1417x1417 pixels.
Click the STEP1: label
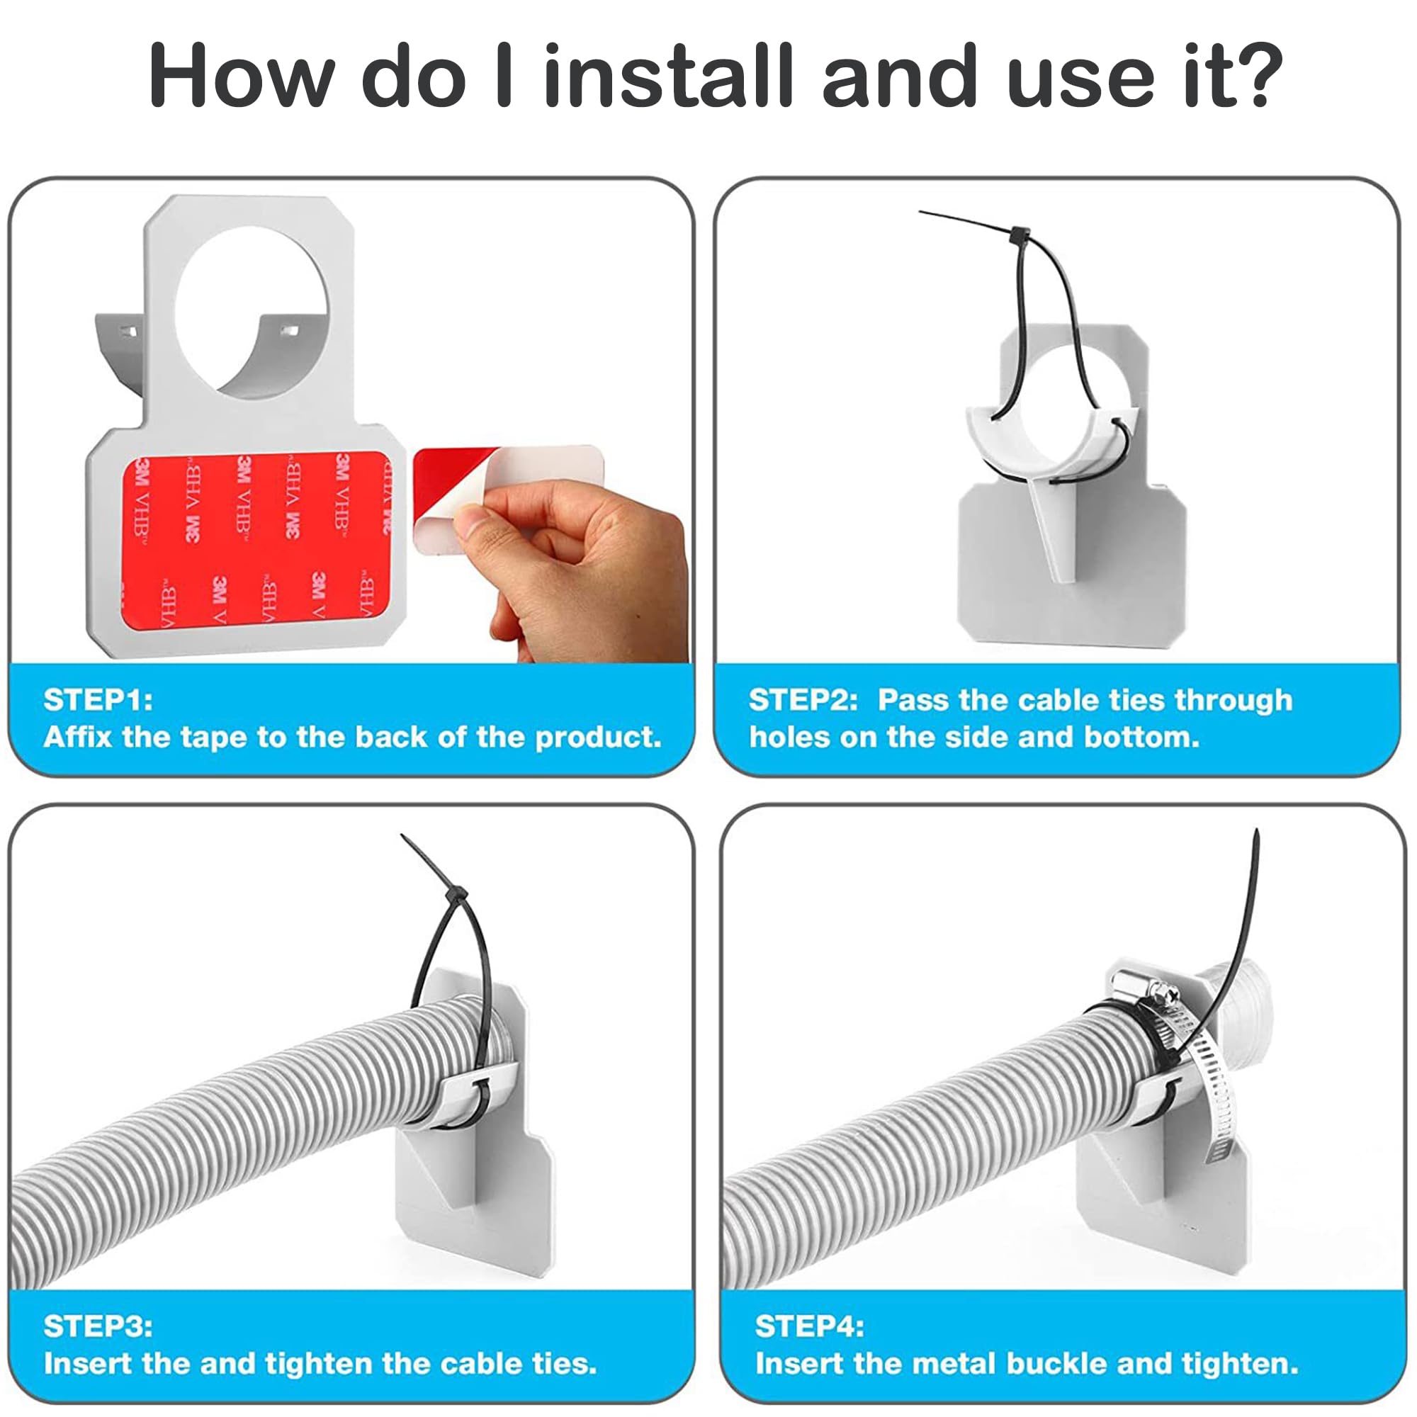98,699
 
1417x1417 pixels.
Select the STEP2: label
803,699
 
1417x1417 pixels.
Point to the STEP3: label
98,1326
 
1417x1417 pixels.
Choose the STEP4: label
809,1326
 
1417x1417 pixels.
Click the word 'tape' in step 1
213,737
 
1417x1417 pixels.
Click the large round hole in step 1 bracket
251,311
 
